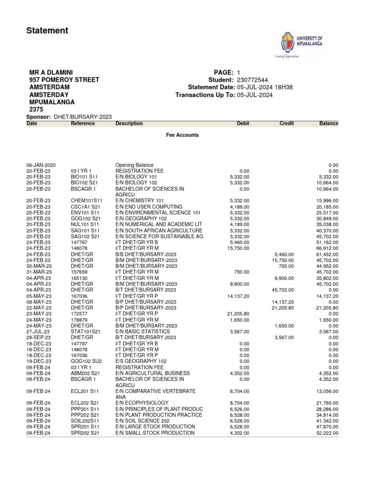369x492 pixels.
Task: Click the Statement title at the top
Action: [47, 31]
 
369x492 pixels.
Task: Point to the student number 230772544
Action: [252, 80]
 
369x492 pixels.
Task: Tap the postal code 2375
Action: [37, 110]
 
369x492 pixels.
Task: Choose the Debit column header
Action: [243, 123]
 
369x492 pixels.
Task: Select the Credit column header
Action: [286, 123]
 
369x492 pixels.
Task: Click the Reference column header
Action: [83, 123]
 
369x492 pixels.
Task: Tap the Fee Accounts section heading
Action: [182, 135]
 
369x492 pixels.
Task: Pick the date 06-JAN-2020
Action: [41, 165]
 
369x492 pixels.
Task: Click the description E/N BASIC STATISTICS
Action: [143, 332]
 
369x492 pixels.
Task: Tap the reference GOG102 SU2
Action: [86, 361]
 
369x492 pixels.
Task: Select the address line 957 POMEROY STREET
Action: [64, 80]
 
